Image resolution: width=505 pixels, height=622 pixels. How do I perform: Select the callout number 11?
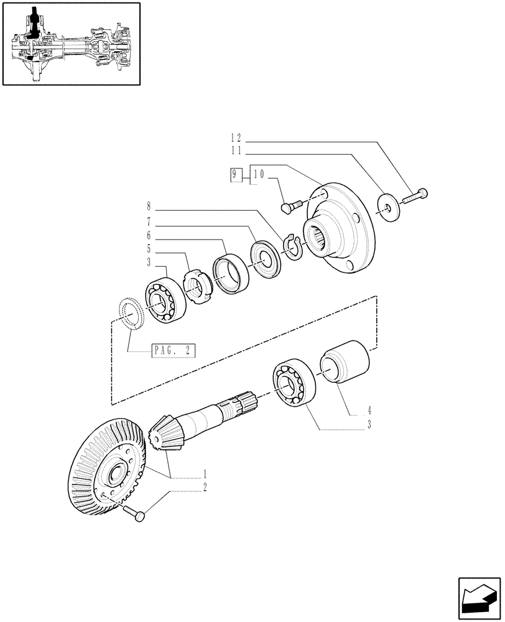tap(239, 151)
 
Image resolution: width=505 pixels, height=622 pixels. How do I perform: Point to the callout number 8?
tap(149, 205)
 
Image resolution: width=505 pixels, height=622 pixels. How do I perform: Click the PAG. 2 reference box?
tap(173, 351)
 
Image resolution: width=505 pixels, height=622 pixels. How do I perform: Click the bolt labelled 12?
tap(415, 195)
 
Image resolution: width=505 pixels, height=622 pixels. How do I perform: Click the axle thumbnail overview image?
tap(71, 44)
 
